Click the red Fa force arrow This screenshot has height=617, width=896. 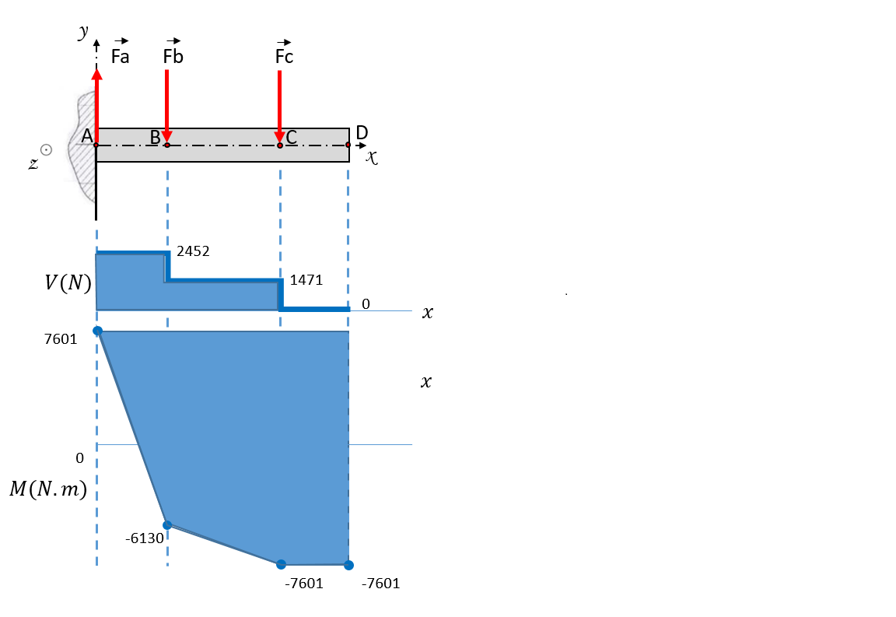tap(97, 107)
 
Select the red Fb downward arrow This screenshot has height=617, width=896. tap(167, 107)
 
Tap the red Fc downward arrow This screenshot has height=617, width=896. tap(279, 107)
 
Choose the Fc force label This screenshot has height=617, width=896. tap(284, 52)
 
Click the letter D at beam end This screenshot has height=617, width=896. tap(362, 133)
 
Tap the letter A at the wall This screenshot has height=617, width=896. tap(87, 136)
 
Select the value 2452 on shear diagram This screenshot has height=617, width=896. tap(193, 251)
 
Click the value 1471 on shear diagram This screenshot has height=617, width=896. tap(306, 279)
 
